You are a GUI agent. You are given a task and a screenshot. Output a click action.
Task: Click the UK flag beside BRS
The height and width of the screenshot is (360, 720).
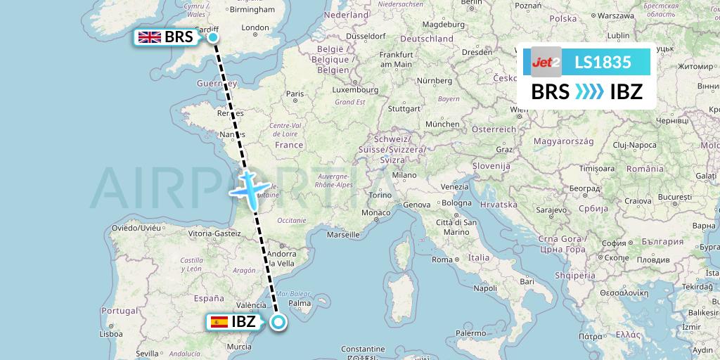pos(149,38)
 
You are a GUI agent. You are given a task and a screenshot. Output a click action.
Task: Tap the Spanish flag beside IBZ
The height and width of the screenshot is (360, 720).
pos(219,323)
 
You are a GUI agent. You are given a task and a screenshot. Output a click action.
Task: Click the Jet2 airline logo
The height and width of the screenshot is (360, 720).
pos(546,62)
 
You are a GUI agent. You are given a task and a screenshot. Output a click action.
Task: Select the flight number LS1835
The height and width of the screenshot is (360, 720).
pos(603,62)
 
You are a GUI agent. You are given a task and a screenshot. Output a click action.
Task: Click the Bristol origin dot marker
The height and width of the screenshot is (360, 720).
pos(212,37)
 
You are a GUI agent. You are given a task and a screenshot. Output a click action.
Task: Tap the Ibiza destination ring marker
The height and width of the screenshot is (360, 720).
pos(278,323)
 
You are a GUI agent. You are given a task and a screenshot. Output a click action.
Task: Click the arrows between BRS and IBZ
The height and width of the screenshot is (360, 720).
pos(589,92)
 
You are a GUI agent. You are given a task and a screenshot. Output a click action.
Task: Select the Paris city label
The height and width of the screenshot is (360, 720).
pos(295,94)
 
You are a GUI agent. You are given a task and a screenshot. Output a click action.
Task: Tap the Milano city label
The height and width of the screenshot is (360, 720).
pos(404,175)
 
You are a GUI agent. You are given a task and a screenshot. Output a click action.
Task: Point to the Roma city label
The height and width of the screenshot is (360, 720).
pos(442,259)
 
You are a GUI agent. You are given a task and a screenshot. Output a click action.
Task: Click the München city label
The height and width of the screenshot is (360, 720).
pos(442,124)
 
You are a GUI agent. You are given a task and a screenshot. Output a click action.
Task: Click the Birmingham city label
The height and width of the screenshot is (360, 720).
pos(251,10)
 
